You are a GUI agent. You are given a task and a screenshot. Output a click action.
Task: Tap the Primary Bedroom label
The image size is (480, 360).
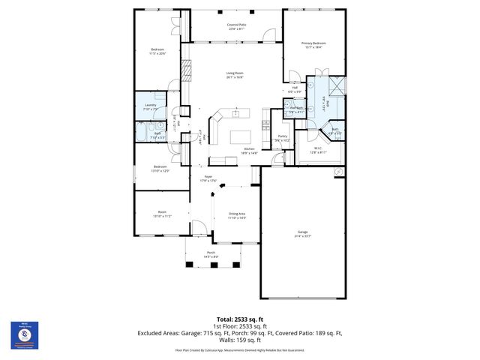coord(313,44)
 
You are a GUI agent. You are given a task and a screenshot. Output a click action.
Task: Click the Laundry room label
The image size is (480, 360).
coord(150,106)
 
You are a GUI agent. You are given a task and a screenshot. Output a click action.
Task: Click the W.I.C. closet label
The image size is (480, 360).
coord(318,149)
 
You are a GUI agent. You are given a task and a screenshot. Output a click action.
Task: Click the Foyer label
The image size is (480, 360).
coord(208,178)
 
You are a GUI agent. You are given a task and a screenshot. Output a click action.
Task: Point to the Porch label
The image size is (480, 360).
coord(211,254)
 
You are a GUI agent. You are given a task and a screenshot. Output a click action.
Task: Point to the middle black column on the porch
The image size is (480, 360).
coord(212,266)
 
